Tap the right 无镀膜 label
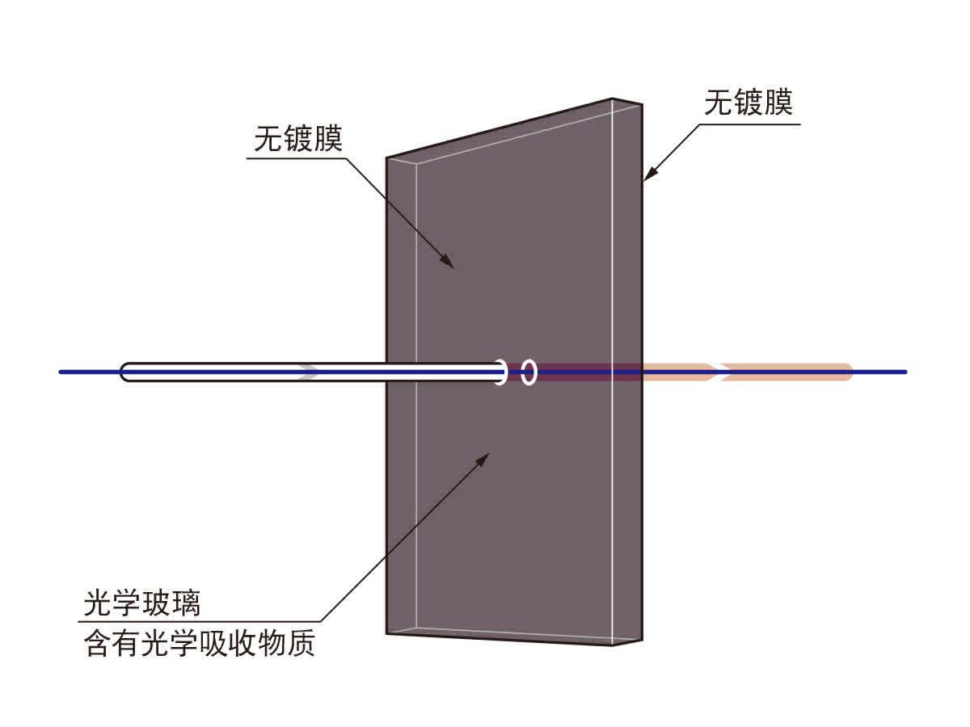point(749,104)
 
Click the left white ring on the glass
point(500,372)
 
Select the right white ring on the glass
point(529,372)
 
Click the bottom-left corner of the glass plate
point(387,633)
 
